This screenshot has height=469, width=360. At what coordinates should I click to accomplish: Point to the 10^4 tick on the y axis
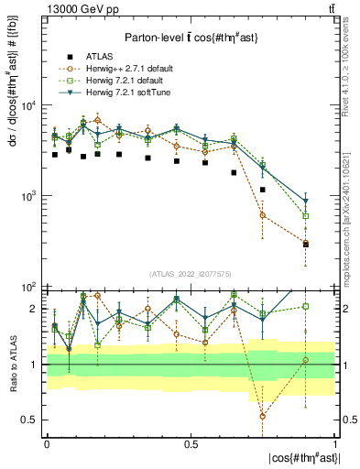coord(31,105)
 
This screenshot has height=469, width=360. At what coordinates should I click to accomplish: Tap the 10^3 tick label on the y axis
coord(31,196)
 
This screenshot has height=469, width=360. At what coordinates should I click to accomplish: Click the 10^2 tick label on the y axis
coord(31,287)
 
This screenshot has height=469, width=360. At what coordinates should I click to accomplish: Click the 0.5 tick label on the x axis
coord(191,442)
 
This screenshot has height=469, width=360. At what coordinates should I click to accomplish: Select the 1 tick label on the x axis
coord(334,442)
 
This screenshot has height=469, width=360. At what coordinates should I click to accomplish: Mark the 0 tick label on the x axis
coord(47,442)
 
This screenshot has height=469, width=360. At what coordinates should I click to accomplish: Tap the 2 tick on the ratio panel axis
coord(36,309)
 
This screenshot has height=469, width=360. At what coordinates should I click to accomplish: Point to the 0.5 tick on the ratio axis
coord(33,420)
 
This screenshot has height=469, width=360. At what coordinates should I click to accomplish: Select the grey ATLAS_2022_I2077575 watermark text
coord(191,273)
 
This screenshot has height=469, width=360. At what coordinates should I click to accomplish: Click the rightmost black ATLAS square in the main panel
coord(306,245)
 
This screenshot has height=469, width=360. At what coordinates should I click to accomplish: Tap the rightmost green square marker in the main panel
coord(306,216)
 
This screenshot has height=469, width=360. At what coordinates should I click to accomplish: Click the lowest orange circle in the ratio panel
coord(263,416)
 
